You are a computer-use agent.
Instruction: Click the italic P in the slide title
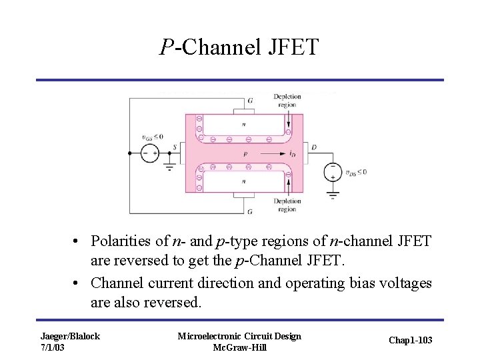click(x=167, y=48)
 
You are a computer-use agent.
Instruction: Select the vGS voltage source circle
click(x=149, y=153)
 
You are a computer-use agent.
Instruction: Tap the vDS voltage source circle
click(x=332, y=173)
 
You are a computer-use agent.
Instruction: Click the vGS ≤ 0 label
click(x=152, y=137)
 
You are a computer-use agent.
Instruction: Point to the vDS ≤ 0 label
click(x=355, y=173)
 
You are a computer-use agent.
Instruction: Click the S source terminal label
click(x=175, y=147)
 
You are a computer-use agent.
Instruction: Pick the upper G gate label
click(x=250, y=101)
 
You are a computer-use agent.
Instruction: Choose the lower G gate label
click(x=250, y=212)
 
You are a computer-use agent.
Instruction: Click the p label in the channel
click(x=245, y=154)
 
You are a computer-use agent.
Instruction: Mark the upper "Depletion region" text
click(x=287, y=101)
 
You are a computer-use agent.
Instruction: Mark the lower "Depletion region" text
click(x=287, y=205)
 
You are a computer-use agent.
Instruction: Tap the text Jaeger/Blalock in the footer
click(x=70, y=336)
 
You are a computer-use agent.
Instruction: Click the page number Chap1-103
click(x=410, y=341)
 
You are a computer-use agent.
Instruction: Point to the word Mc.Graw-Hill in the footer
click(x=239, y=347)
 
